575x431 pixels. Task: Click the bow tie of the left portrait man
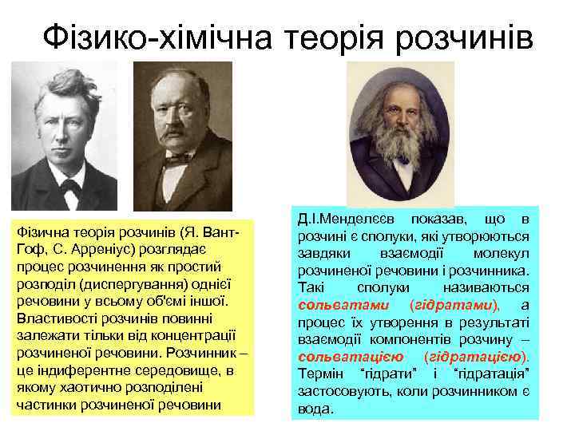pyautogui.click(x=70, y=188)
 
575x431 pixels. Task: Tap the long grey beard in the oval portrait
pyautogui.click(x=399, y=160)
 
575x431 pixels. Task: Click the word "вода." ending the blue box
pyautogui.click(x=315, y=408)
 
